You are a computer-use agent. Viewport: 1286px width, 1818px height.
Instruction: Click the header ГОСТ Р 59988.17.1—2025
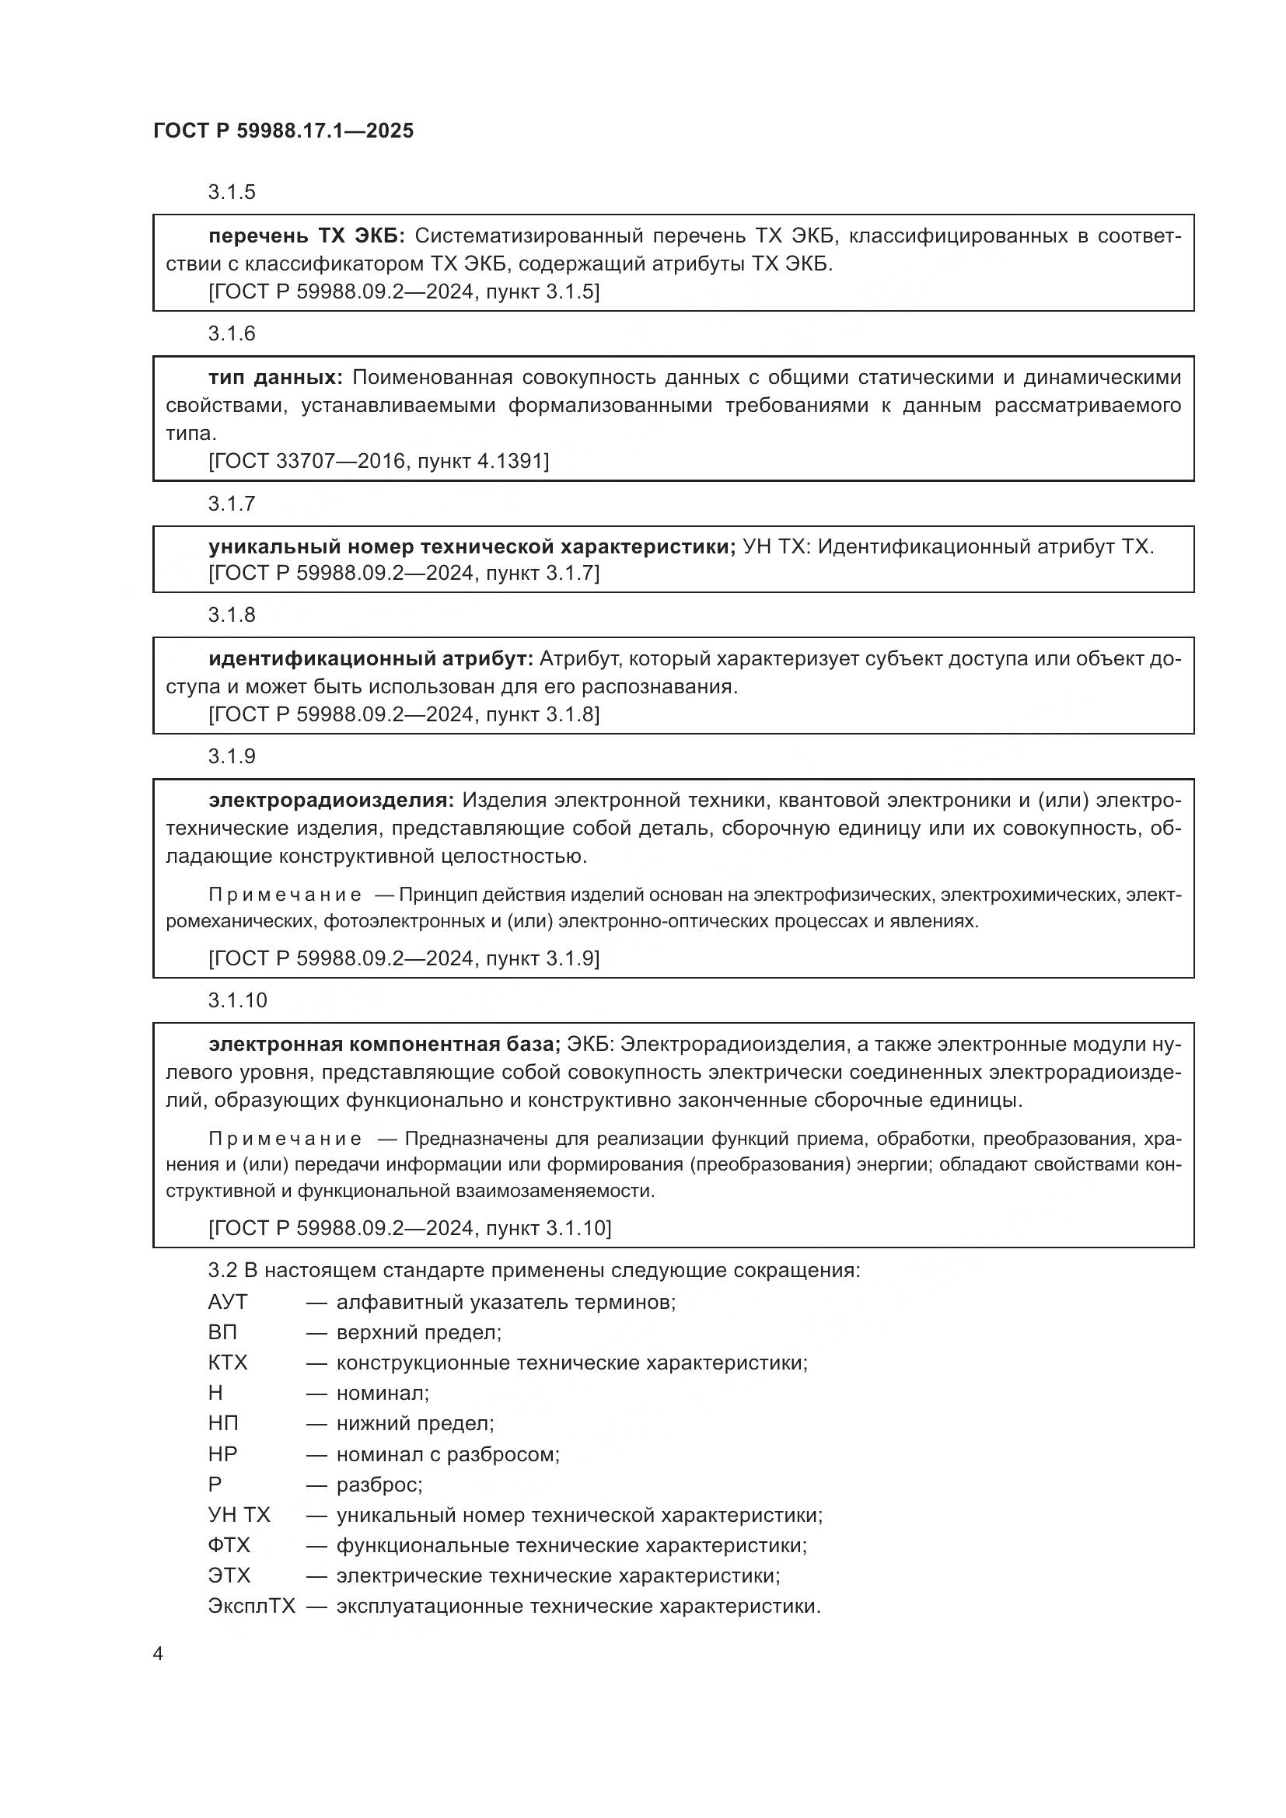(283, 131)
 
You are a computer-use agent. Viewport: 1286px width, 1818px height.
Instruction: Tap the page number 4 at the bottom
(158, 1653)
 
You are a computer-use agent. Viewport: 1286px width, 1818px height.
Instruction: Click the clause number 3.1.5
(232, 193)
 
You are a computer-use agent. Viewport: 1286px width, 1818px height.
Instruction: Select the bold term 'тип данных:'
(275, 378)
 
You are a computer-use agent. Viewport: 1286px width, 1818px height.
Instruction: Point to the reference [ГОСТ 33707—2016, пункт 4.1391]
(379, 461)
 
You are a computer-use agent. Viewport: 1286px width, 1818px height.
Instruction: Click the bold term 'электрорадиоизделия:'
(331, 801)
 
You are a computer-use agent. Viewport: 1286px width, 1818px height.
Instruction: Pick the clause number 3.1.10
(238, 1000)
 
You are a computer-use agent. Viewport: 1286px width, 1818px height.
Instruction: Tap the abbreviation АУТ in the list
(227, 1302)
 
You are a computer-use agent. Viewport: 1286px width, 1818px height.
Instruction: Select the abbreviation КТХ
(227, 1363)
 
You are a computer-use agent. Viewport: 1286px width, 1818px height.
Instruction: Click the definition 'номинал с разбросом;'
(448, 1453)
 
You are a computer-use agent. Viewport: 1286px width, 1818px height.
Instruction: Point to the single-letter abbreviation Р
(215, 1484)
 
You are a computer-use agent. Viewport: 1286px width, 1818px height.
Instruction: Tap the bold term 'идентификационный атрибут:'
(372, 659)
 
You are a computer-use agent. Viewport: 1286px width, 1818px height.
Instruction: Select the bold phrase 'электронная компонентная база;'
(384, 1045)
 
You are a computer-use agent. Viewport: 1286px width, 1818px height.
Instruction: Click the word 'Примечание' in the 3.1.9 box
(285, 895)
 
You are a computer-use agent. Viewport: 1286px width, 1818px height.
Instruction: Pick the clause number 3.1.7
(232, 504)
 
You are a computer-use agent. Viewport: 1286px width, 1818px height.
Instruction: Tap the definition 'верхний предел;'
(419, 1332)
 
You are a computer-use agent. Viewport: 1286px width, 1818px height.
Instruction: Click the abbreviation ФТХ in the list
(229, 1545)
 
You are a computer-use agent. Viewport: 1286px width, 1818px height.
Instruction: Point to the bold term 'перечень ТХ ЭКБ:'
(306, 236)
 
